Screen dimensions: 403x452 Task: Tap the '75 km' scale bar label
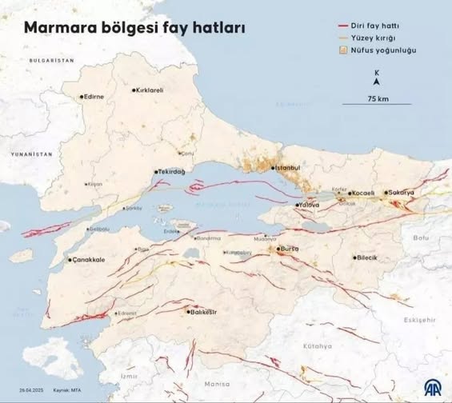[x=378, y=98]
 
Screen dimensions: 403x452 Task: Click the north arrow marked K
[x=377, y=78]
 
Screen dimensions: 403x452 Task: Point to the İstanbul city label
[x=286, y=168]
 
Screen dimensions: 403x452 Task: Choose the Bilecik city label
[x=367, y=257]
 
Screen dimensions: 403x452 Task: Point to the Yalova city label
[x=308, y=205]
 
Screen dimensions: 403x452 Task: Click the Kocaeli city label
[x=362, y=194]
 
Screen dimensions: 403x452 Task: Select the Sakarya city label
[x=401, y=193]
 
